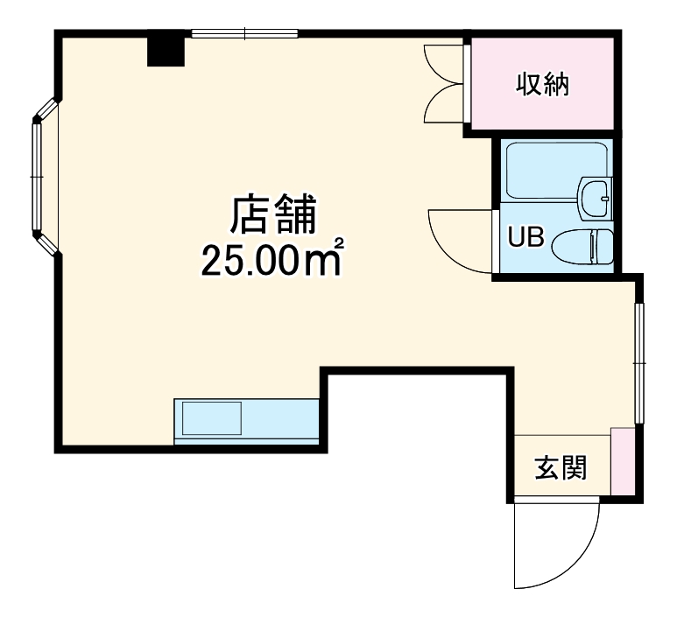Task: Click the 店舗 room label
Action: [x=272, y=215]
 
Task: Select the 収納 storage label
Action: [x=541, y=85]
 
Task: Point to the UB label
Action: [x=527, y=237]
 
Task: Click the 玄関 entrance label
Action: [x=561, y=468]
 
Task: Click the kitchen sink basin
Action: [x=211, y=417]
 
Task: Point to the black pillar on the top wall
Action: [x=166, y=50]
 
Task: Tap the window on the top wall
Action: [x=246, y=35]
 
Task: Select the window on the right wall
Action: [x=639, y=360]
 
